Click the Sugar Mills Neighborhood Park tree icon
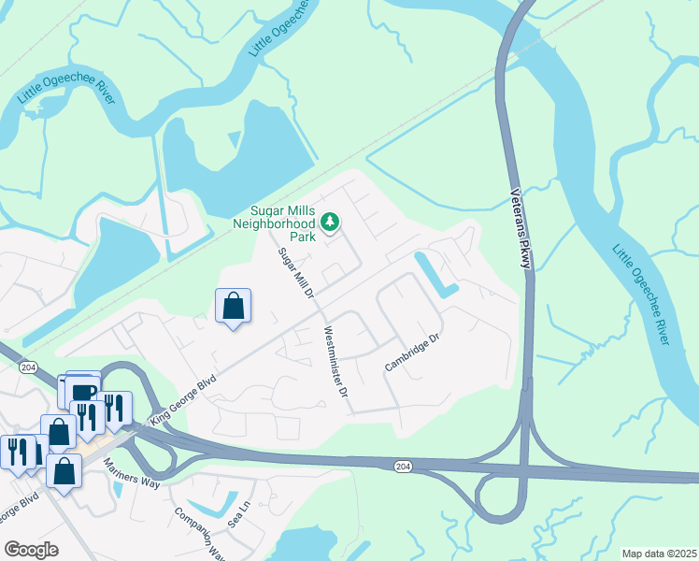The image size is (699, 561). coord(329,222)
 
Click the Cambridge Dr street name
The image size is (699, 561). coord(411,352)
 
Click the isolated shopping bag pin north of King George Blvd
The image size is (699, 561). coord(233,306)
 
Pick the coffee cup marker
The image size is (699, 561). coord(83,390)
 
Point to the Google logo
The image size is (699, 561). coord(31,550)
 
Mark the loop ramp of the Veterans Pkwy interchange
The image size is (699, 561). coord(496,498)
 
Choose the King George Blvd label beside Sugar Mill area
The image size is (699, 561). coord(183,397)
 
